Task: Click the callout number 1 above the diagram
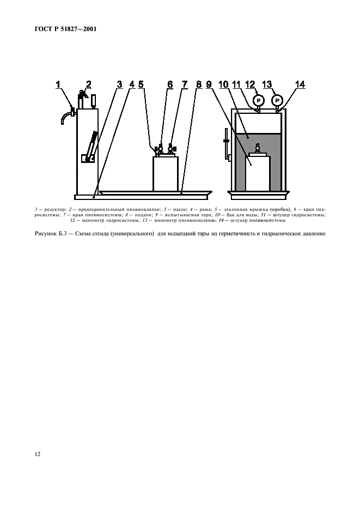(59, 84)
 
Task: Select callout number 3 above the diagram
(119, 84)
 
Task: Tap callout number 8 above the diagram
(199, 84)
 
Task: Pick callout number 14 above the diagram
(300, 84)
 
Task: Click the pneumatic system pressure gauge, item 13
(278, 100)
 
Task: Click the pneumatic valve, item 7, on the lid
(172, 149)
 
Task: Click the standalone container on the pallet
(165, 174)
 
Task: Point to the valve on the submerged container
(258, 147)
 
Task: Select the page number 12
(37, 453)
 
